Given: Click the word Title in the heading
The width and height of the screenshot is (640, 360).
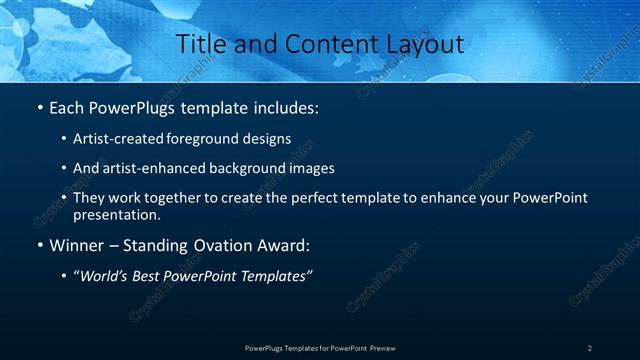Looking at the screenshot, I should [200, 44].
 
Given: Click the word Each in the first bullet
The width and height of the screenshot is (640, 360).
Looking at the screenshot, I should [68, 106].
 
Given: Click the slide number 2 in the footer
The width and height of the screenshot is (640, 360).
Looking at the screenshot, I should [590, 348].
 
